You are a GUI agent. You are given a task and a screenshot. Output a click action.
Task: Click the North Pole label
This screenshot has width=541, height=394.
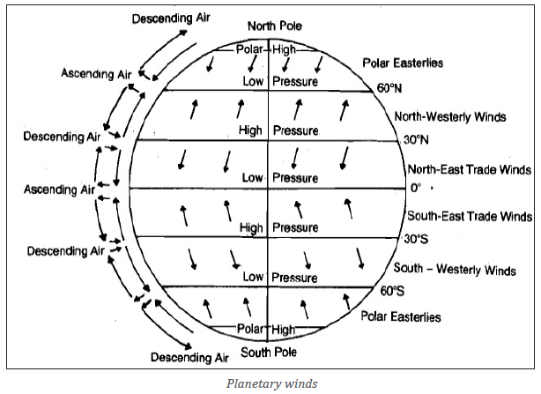pyautogui.click(x=275, y=26)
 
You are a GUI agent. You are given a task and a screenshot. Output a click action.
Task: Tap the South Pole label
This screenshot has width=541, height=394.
pyautogui.click(x=269, y=353)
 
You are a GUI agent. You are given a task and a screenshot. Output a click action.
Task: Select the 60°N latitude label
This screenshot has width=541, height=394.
pyautogui.click(x=389, y=88)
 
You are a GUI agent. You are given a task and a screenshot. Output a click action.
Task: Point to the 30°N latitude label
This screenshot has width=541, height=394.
pyautogui.click(x=416, y=140)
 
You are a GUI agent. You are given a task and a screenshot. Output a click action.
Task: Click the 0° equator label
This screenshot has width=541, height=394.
pyautogui.click(x=416, y=188)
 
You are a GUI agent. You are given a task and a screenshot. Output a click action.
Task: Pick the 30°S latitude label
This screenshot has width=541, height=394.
pyautogui.click(x=416, y=239)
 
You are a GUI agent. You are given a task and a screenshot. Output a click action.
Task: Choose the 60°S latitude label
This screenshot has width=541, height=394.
pyautogui.click(x=392, y=291)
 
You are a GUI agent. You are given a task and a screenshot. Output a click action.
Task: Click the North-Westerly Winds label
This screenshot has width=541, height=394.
pyautogui.click(x=450, y=116)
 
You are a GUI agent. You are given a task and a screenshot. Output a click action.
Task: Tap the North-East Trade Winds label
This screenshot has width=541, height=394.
pyautogui.click(x=470, y=169)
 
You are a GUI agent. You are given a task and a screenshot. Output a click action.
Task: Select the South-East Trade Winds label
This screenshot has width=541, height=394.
pyautogui.click(x=470, y=216)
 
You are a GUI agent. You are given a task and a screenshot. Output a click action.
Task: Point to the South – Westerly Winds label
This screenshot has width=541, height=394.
pyautogui.click(x=455, y=269)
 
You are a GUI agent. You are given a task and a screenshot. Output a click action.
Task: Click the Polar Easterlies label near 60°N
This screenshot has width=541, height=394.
pyautogui.click(x=403, y=63)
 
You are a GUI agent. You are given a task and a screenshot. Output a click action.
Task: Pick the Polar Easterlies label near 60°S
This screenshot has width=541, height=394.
pyautogui.click(x=401, y=316)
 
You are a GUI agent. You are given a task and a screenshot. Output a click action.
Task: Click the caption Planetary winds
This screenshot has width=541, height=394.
pyautogui.click(x=272, y=383)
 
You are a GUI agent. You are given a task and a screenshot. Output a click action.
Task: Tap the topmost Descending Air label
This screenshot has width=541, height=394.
pyautogui.click(x=171, y=18)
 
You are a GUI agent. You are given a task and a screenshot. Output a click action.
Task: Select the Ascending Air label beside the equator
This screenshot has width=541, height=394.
pyautogui.click(x=59, y=190)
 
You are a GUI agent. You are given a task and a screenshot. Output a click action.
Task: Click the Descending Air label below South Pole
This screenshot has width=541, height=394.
pyautogui.click(x=189, y=357)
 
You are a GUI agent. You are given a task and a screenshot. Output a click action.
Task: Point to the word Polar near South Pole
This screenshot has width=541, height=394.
pyautogui.click(x=250, y=329)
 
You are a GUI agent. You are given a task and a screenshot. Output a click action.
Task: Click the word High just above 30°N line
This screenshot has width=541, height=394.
pyautogui.click(x=250, y=130)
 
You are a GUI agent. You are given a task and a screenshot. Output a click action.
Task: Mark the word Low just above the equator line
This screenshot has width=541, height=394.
pyautogui.click(x=253, y=178)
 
